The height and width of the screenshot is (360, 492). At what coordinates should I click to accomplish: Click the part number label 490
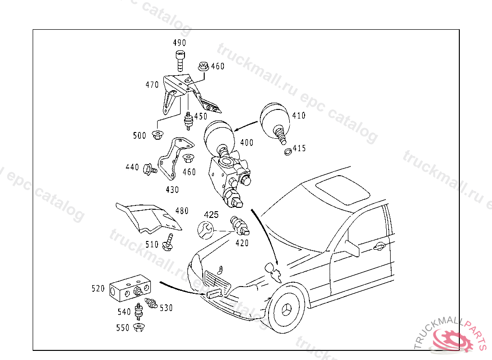coord(180,43)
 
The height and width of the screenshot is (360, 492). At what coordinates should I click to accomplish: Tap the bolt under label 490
coord(180,61)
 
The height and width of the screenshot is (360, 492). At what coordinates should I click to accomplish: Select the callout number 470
coord(152,85)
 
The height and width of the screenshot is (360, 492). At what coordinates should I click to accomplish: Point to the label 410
coord(298,116)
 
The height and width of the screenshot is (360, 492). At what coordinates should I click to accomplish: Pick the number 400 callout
coord(247,143)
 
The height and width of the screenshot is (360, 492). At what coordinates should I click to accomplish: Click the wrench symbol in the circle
coord(205,229)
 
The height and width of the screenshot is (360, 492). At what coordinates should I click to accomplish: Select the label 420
coord(242,243)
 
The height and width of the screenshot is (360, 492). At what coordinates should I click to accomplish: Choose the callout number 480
coord(182,211)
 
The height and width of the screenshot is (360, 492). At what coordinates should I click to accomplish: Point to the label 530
coord(166,308)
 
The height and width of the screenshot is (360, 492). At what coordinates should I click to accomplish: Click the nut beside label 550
coord(139,328)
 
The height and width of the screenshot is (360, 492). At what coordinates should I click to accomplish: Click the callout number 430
coord(172,190)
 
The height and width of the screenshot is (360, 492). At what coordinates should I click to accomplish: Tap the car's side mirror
coord(352,246)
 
